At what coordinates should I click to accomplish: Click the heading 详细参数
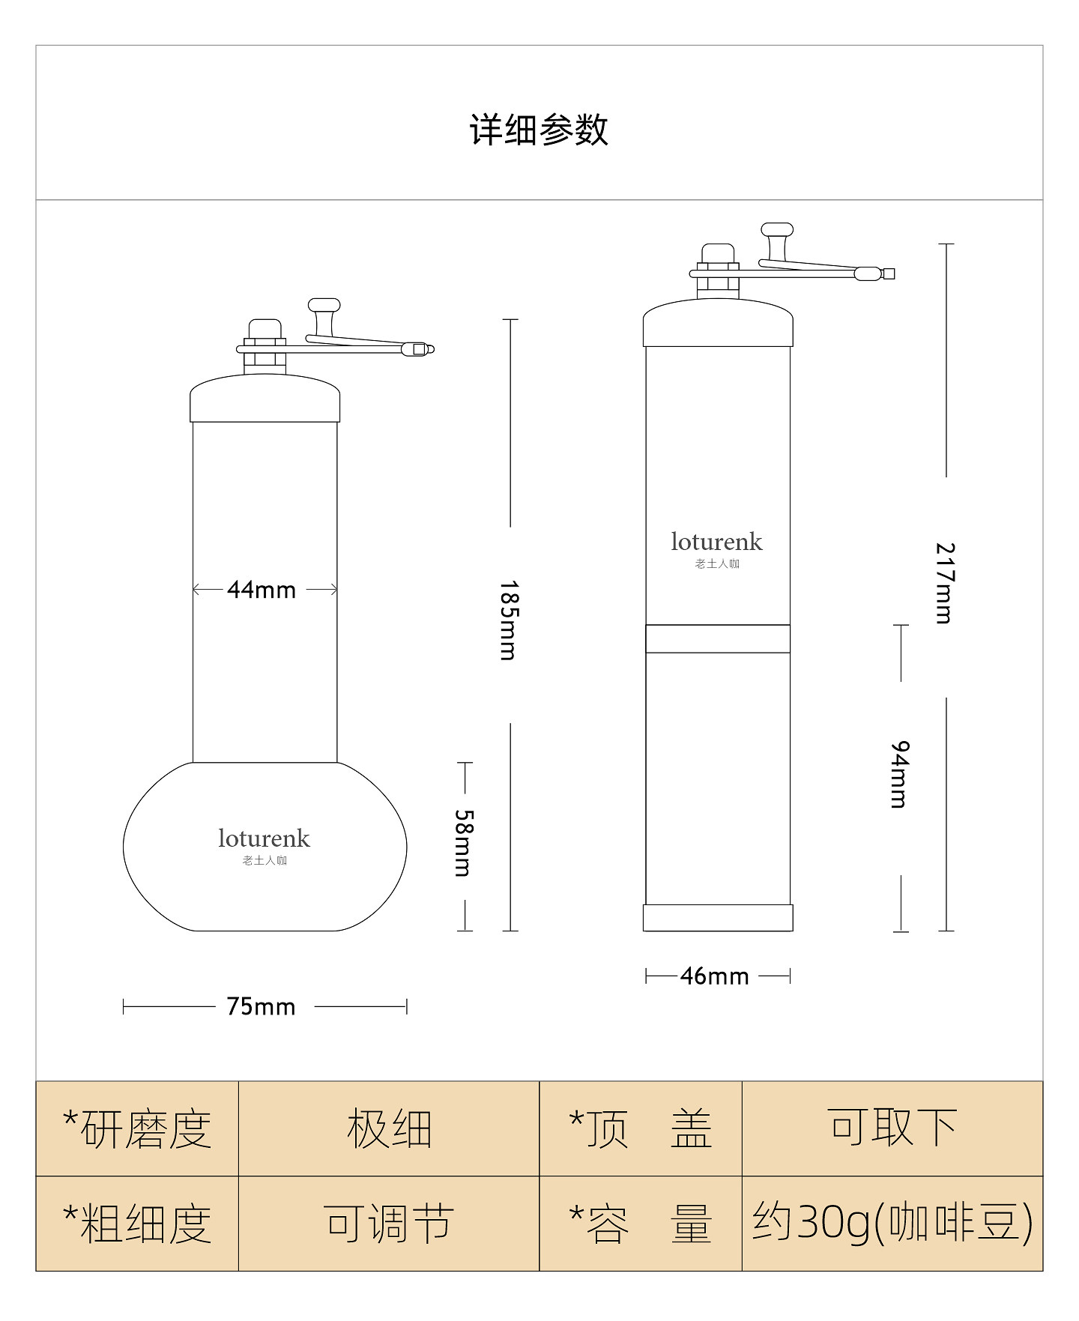tap(539, 130)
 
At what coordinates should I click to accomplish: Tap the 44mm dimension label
tap(262, 590)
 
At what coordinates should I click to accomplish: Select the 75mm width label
tap(262, 1006)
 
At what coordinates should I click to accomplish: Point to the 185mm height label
tap(509, 620)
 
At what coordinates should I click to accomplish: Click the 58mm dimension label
tap(465, 843)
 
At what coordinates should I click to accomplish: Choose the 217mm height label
tap(945, 583)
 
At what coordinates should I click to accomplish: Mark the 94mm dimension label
tap(900, 775)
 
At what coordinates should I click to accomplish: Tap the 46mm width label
tap(715, 976)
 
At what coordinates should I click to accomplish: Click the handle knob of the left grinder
tap(324, 306)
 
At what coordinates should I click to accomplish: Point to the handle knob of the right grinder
tap(777, 230)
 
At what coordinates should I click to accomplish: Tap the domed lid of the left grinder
tap(265, 399)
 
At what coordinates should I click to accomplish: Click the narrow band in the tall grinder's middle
tap(717, 638)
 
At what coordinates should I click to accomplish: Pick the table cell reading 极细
tap(389, 1128)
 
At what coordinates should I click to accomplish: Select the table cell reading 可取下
tap(892, 1128)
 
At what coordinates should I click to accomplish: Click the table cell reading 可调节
tap(389, 1224)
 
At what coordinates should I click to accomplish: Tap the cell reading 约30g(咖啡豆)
tap(892, 1224)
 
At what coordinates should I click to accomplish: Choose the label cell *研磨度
tap(137, 1128)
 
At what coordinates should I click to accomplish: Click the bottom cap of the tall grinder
tap(717, 918)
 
